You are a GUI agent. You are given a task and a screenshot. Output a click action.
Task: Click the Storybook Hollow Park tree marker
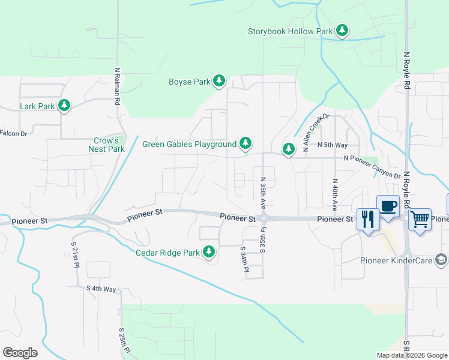(342, 31)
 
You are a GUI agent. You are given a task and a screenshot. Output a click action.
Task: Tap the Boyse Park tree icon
(220, 82)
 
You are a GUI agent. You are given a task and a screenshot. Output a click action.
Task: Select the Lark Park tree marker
(64, 106)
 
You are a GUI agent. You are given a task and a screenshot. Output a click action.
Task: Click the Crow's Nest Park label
(106, 145)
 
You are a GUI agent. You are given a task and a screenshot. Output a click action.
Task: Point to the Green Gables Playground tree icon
(245, 144)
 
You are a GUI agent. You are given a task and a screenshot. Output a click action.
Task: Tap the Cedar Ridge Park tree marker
(209, 253)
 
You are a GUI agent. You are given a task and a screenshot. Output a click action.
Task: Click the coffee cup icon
(388, 206)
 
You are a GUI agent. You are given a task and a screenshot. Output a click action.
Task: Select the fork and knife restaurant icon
(367, 218)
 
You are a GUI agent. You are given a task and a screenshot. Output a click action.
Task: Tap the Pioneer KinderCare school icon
(441, 260)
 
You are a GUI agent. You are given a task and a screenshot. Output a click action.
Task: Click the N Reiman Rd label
(117, 86)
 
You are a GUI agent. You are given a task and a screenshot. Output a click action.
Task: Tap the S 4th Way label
(101, 289)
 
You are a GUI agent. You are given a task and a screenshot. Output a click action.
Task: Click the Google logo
(20, 353)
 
